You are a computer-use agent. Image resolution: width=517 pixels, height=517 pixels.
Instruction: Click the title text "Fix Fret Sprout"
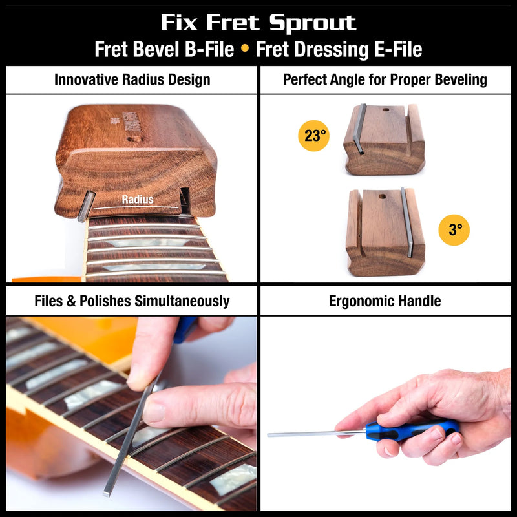(x=258, y=23)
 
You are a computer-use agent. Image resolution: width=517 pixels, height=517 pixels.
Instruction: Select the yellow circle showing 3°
(x=454, y=229)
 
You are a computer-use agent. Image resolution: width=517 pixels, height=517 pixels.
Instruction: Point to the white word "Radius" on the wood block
(x=138, y=200)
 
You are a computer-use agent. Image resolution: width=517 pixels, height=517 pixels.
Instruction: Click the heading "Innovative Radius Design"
(x=132, y=80)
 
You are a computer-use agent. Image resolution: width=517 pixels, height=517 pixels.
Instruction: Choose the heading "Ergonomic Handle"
(x=385, y=301)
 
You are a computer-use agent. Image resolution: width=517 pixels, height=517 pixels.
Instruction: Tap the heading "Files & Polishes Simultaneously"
(x=132, y=301)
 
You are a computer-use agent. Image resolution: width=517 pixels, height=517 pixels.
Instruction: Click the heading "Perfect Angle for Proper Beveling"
(x=385, y=80)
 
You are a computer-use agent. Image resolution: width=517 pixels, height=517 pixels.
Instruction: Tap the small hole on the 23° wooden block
(x=386, y=109)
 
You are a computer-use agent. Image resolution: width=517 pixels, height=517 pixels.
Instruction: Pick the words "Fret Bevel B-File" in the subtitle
(x=164, y=50)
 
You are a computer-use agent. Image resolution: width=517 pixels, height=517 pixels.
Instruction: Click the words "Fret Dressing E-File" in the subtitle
(x=339, y=50)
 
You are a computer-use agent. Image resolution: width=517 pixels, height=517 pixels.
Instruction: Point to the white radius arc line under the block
(x=136, y=208)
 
